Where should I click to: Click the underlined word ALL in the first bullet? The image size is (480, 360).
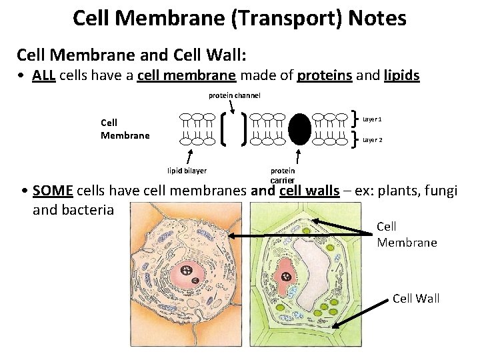pyautogui.click(x=43, y=75)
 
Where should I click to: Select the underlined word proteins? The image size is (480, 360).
pyautogui.click(x=322, y=75)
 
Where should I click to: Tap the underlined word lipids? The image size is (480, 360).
pyautogui.click(x=402, y=75)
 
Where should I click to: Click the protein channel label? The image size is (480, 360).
pyautogui.click(x=234, y=95)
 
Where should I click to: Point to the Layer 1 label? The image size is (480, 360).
pyautogui.click(x=372, y=119)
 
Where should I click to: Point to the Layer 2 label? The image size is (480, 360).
pyautogui.click(x=372, y=140)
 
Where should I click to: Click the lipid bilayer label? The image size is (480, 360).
pyautogui.click(x=187, y=171)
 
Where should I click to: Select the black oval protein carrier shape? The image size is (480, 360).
pyautogui.click(x=300, y=129)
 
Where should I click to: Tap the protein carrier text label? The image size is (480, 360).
pyautogui.click(x=283, y=175)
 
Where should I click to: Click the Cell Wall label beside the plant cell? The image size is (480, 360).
pyautogui.click(x=416, y=298)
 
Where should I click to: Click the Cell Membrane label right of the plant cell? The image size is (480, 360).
pyautogui.click(x=407, y=235)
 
